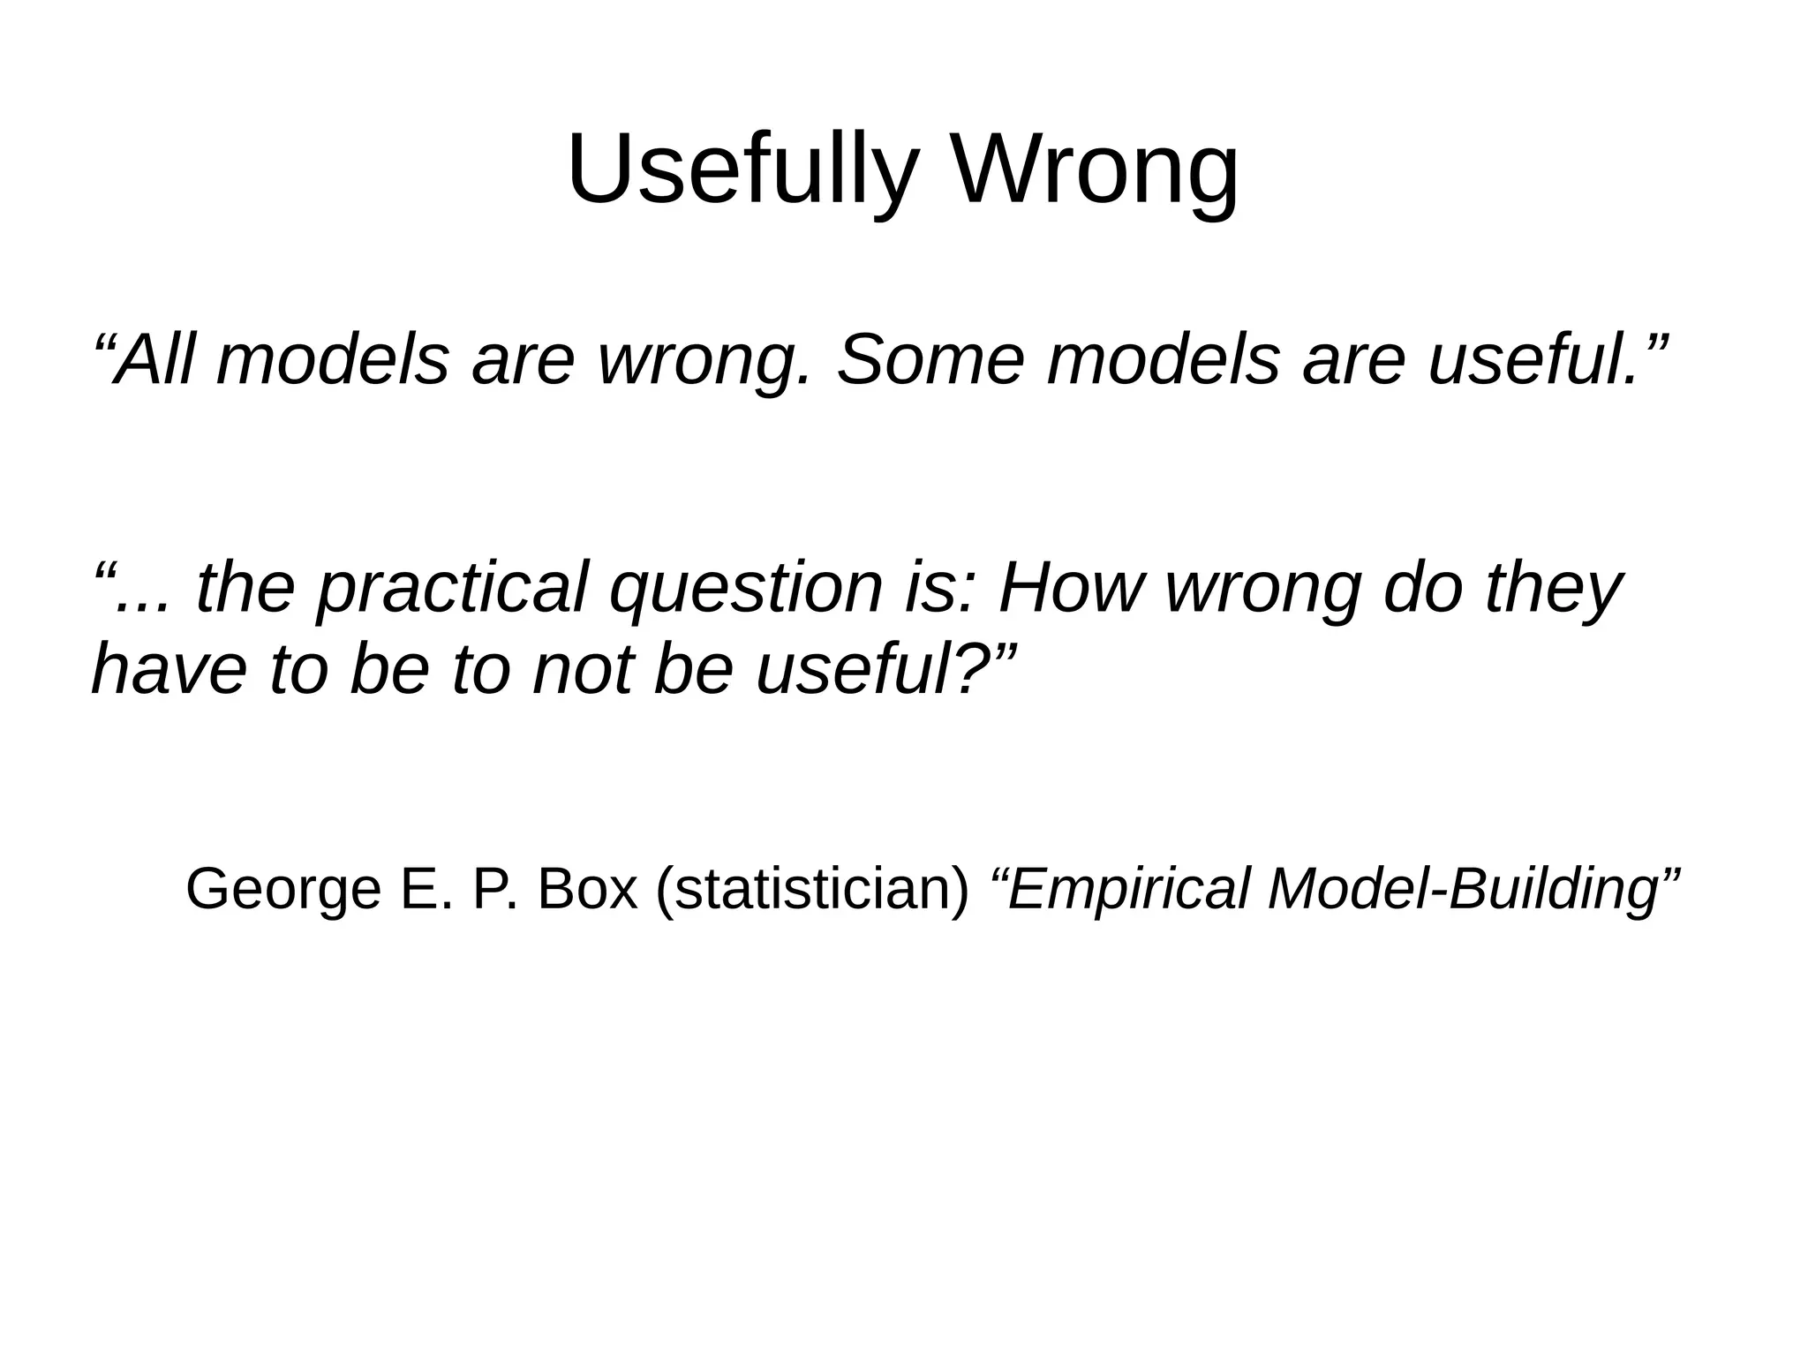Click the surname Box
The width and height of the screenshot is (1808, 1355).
[586, 889]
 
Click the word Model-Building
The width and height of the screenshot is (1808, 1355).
[1462, 889]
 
